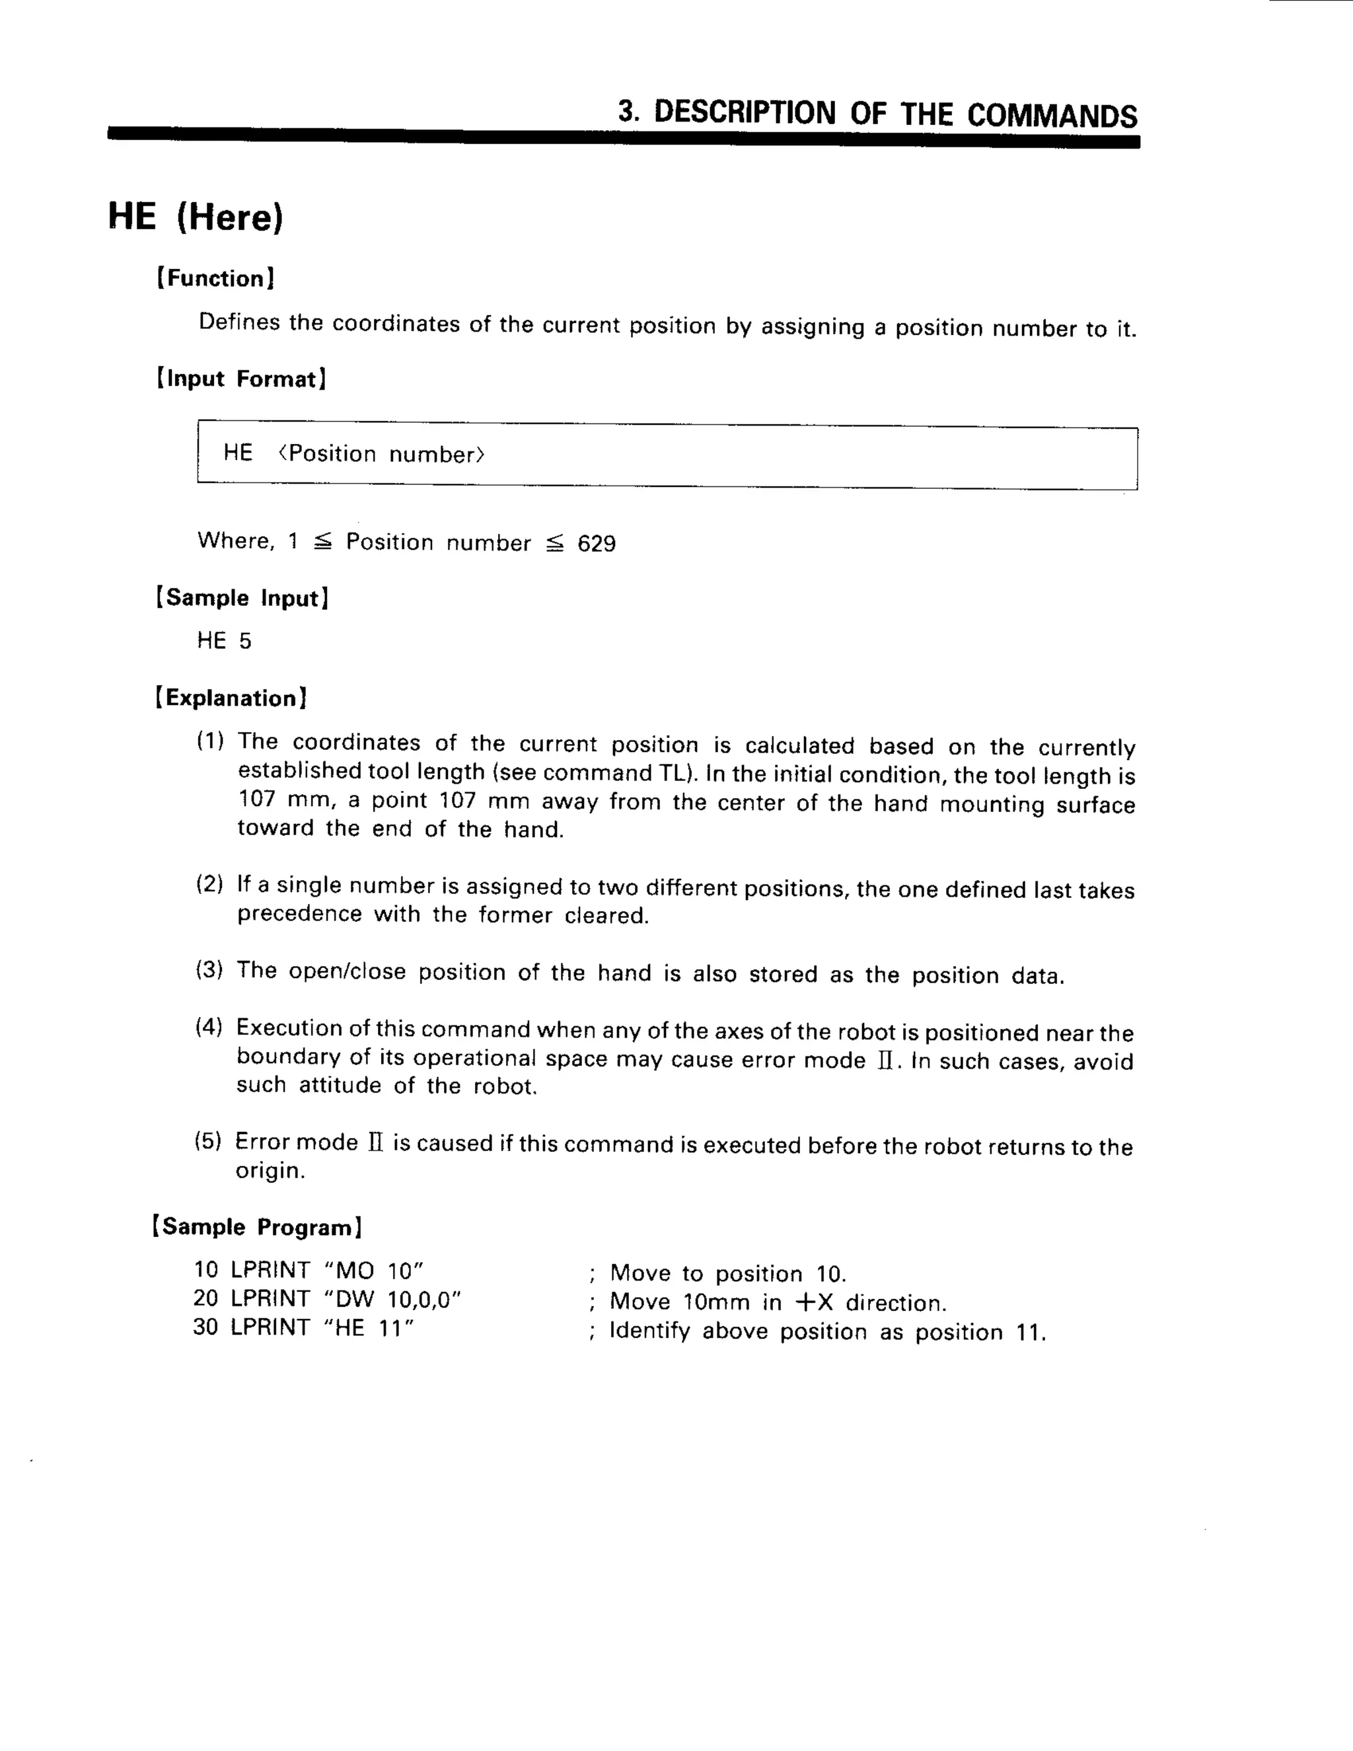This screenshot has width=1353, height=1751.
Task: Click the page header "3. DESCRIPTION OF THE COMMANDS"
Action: [877, 114]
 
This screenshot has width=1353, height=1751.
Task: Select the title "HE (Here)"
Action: [196, 217]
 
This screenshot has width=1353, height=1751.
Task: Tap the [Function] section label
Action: [215, 278]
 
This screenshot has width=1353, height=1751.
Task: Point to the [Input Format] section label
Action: [241, 379]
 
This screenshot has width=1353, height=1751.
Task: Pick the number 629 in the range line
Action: [597, 544]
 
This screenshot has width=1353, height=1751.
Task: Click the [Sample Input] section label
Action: [241, 597]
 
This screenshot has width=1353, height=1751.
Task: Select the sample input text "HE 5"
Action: [224, 640]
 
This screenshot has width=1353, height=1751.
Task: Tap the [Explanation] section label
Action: [231, 698]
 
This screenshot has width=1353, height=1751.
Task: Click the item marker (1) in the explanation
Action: [210, 741]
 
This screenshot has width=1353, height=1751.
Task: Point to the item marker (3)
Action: [209, 970]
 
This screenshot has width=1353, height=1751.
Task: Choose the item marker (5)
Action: [207, 1141]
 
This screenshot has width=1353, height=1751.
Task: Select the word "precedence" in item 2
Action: [299, 914]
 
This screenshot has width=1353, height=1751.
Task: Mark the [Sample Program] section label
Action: [256, 1226]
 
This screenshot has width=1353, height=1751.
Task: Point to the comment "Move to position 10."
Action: [728, 1274]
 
